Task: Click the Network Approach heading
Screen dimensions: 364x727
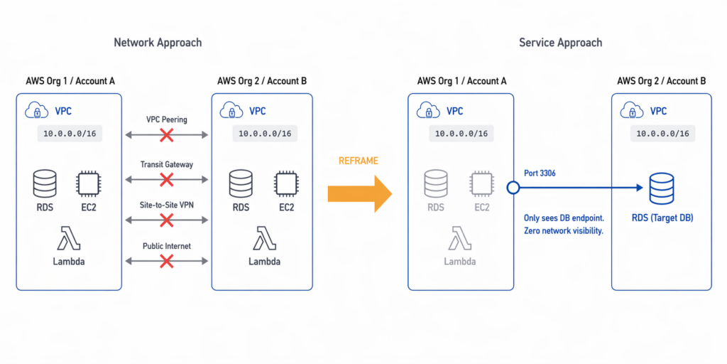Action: [x=158, y=43]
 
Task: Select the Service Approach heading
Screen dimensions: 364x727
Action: [x=560, y=43]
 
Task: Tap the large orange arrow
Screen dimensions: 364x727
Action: [x=359, y=193]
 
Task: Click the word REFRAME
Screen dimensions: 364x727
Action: [x=358, y=161]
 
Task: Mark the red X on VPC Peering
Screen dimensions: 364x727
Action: [x=167, y=135]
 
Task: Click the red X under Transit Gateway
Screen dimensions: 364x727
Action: [x=167, y=179]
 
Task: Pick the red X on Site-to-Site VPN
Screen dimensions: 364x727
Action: [x=167, y=220]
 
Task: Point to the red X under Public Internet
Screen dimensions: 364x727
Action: [x=167, y=262]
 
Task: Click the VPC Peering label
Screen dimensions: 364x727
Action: [x=167, y=119]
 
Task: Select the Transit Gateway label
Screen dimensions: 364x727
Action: [x=167, y=164]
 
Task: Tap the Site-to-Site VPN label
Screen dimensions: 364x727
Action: [x=167, y=205]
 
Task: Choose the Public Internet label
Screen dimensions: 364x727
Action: [x=167, y=247]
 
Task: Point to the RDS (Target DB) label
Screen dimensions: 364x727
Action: [x=661, y=218]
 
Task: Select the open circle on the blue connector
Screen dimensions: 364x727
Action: [x=513, y=188]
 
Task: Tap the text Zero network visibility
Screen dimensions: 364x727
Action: [x=563, y=231]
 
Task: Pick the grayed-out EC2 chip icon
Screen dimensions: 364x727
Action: [x=482, y=184]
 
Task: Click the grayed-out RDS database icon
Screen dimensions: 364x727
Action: [x=435, y=184]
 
